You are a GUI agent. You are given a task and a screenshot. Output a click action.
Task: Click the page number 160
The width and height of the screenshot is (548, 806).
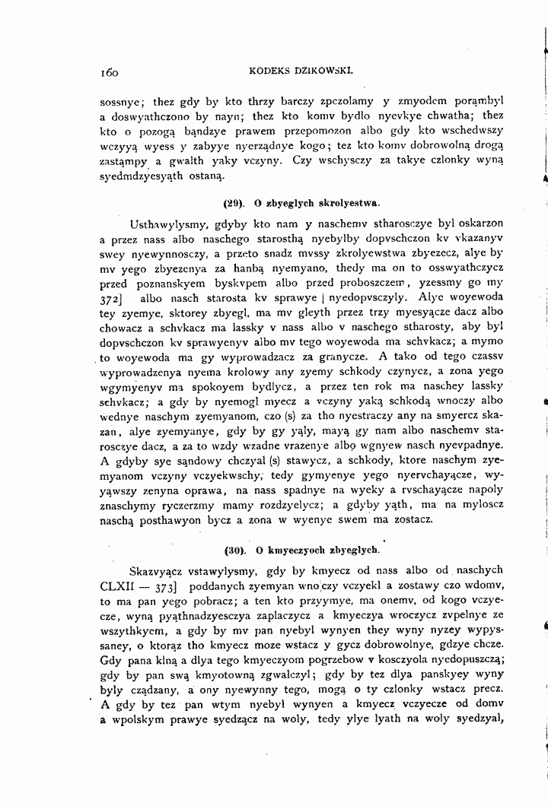(x=110, y=73)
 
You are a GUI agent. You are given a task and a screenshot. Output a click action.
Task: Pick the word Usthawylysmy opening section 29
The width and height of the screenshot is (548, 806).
(x=166, y=227)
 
